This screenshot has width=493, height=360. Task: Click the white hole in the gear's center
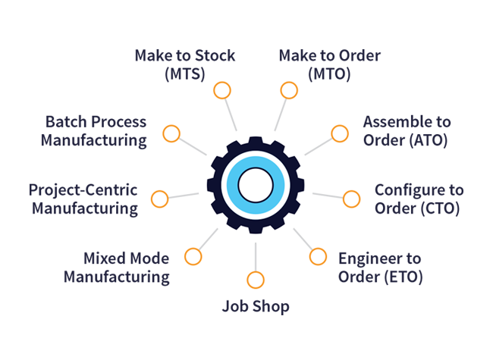256,185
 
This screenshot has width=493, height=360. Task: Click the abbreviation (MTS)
185,74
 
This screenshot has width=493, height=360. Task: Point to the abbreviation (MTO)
329,74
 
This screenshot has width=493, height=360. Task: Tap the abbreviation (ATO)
429,140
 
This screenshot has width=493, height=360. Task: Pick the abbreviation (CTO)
440,208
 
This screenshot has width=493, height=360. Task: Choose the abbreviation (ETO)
404,277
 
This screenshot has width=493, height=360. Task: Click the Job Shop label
256,306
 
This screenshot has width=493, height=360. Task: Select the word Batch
66,121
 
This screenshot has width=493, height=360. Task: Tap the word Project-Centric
83,190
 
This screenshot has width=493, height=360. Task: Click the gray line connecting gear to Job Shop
256,257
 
